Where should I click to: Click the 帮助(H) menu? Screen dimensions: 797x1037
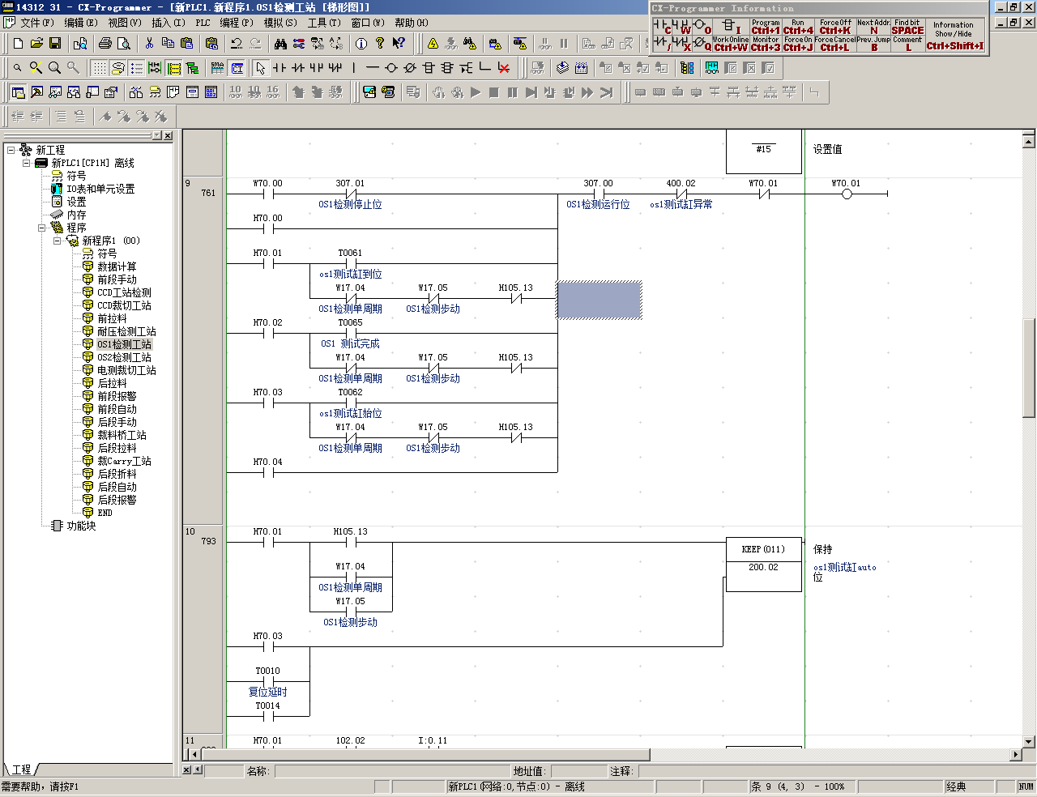pyautogui.click(x=411, y=23)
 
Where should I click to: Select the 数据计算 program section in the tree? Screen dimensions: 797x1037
pyautogui.click(x=117, y=266)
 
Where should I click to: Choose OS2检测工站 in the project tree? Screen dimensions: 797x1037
pyautogui.click(x=124, y=357)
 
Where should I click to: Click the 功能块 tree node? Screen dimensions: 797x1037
pyautogui.click(x=81, y=526)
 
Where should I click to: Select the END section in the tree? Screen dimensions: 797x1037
pyautogui.click(x=105, y=513)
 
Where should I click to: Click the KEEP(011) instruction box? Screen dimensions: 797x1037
pyautogui.click(x=763, y=549)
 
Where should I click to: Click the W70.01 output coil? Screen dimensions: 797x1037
pyautogui.click(x=847, y=194)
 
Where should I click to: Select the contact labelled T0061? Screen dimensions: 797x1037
pyautogui.click(x=351, y=263)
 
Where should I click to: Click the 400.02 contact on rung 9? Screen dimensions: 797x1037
pyautogui.click(x=681, y=194)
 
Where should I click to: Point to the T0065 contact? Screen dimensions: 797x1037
pyautogui.click(x=351, y=333)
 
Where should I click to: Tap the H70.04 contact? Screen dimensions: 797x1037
pyautogui.click(x=268, y=472)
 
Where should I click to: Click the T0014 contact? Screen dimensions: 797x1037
pyautogui.click(x=268, y=716)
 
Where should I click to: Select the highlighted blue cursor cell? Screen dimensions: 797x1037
pyautogui.click(x=600, y=300)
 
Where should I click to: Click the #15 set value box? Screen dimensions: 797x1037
pyautogui.click(x=763, y=150)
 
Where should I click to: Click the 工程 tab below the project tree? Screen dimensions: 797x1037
pyautogui.click(x=21, y=769)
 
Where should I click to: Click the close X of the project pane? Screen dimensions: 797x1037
pyautogui.click(x=168, y=136)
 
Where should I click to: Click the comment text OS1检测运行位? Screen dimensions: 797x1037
pyautogui.click(x=598, y=205)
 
